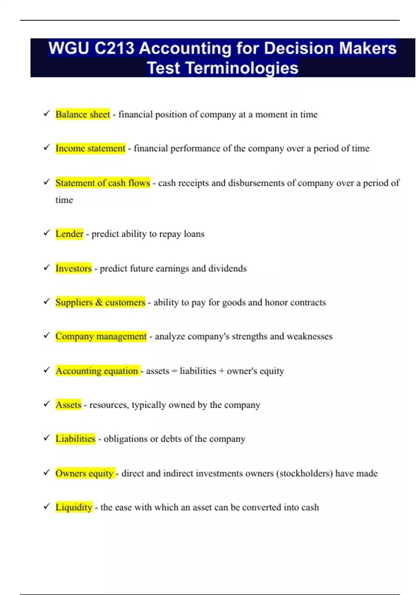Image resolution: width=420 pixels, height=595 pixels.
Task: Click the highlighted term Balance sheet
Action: point(83,114)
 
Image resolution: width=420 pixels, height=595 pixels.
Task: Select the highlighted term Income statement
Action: point(90,148)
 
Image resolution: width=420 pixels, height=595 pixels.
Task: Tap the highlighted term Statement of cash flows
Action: point(103,183)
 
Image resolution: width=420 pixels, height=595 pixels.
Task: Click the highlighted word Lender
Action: point(69,234)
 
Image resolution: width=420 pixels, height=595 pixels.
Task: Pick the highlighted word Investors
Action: point(73,268)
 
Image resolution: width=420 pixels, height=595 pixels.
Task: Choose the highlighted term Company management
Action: point(101,336)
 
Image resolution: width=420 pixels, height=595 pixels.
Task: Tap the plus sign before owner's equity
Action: point(221,371)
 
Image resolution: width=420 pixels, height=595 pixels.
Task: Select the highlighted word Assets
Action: point(68,405)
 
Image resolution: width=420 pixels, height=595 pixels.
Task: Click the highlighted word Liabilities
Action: point(75,439)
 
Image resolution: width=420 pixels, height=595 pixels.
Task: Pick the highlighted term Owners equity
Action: point(84,474)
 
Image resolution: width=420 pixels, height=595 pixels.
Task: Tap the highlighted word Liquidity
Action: point(74,507)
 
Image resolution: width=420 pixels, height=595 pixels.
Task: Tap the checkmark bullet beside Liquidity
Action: point(47,506)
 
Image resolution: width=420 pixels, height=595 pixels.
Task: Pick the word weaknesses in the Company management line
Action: point(309,336)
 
